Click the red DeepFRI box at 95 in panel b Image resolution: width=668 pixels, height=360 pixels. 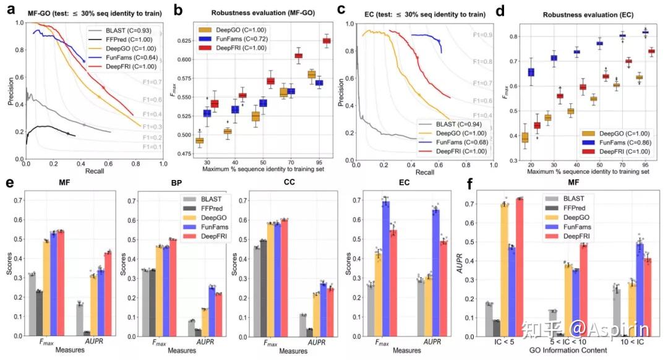click(x=327, y=41)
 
